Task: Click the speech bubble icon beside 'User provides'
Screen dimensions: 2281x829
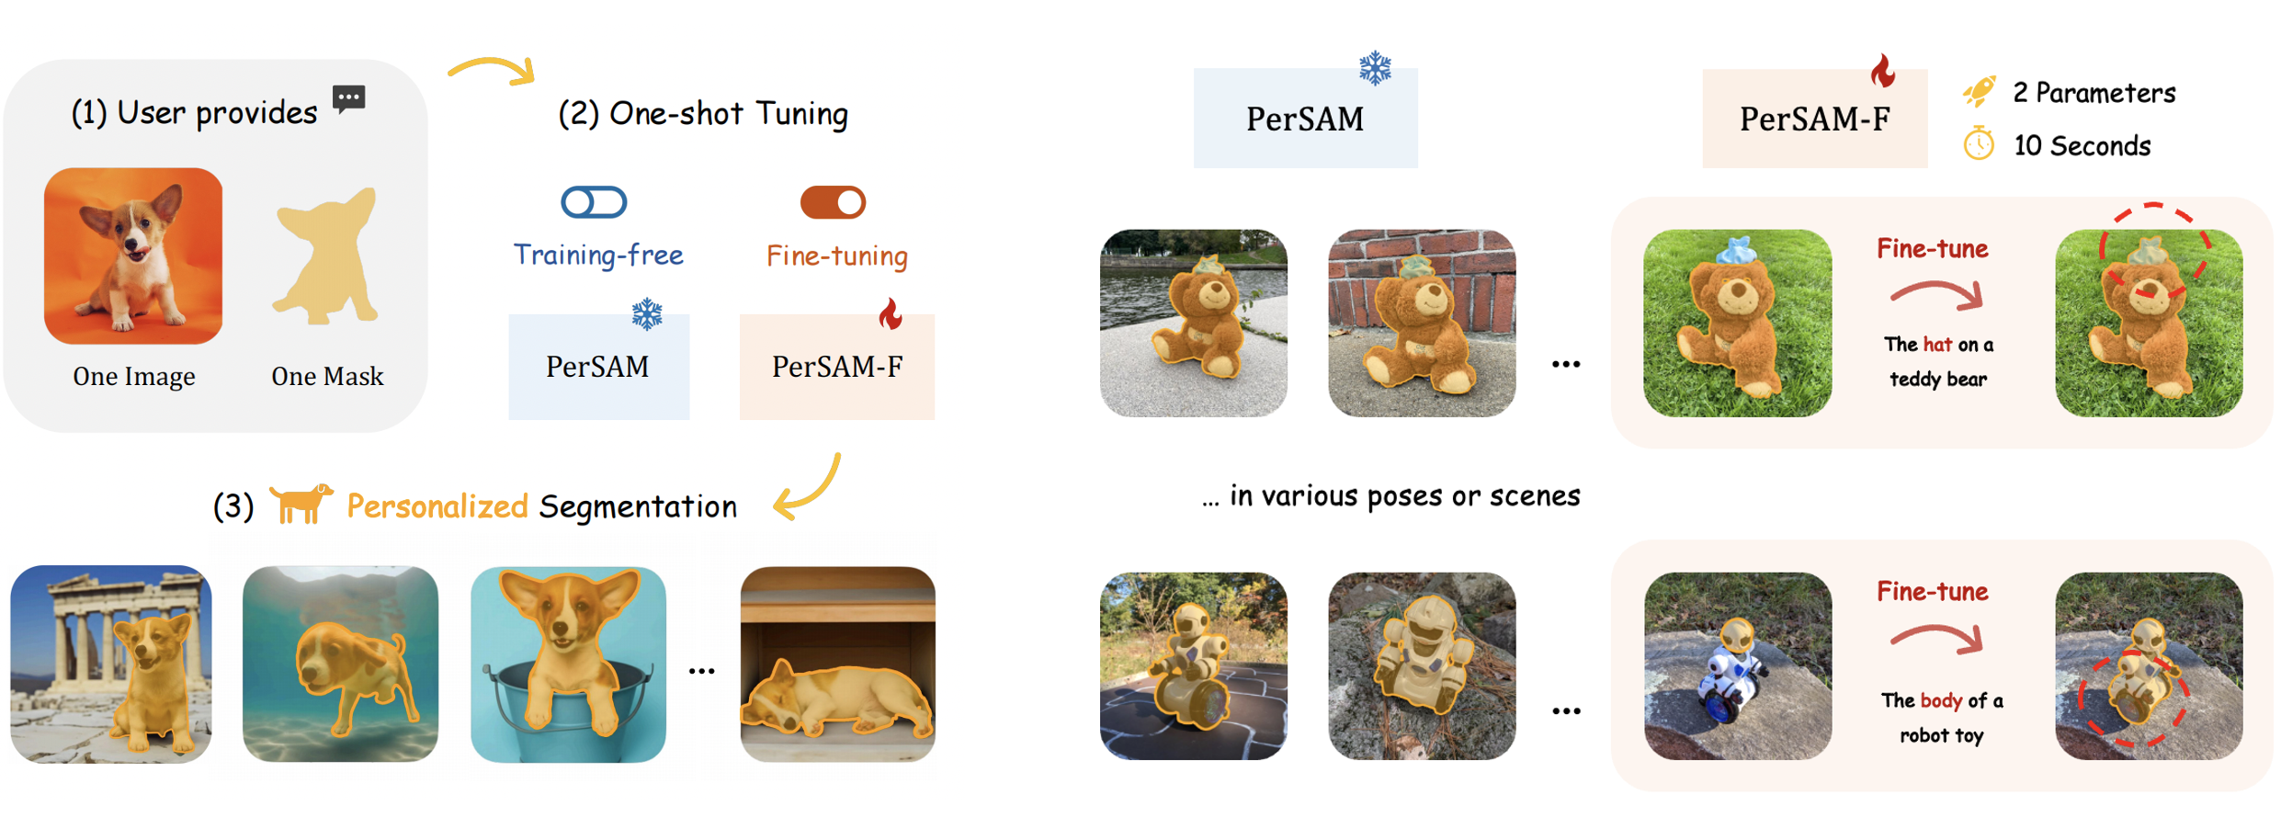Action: pos(349,98)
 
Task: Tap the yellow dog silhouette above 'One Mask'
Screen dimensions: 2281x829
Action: pos(327,256)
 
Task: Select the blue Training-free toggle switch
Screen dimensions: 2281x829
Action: pos(595,202)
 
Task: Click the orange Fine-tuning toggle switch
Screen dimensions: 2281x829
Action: pos(833,202)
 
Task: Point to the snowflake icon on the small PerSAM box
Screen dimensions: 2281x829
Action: pos(647,314)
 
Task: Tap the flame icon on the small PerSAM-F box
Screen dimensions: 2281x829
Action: pos(890,314)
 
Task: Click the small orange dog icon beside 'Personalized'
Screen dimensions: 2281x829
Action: pos(301,504)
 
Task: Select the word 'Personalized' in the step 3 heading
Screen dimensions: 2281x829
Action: pos(437,506)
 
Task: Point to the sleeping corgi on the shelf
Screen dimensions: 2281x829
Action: pos(836,698)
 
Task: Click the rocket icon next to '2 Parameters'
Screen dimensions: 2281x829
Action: pos(1979,92)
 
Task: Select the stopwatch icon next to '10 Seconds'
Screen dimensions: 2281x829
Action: pos(1979,144)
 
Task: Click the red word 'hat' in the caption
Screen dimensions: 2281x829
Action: pos(1937,345)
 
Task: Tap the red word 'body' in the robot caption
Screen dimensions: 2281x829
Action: pos(1941,700)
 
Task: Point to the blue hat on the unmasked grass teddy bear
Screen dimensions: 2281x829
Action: pos(1736,250)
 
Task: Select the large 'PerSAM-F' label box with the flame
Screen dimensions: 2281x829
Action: pos(1815,118)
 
